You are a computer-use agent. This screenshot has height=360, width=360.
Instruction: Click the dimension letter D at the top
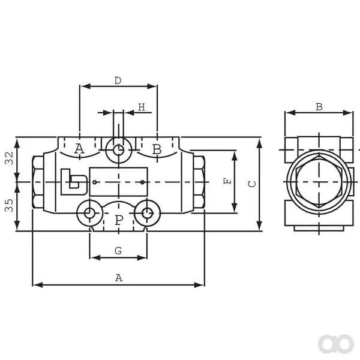coord(118,80)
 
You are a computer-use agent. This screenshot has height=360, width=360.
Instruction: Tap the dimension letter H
coord(142,107)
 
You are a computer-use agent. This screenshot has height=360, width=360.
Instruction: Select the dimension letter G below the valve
coord(118,250)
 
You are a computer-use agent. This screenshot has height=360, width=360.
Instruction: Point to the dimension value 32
coord(9,158)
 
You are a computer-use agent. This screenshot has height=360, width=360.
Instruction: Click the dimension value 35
coord(9,205)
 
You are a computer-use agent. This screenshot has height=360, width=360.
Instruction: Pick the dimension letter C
coord(252,184)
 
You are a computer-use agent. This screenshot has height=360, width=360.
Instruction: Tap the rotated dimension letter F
coord(227,181)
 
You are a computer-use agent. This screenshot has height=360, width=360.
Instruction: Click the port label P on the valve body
coord(119,220)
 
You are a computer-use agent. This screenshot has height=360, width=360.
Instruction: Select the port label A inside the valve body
coord(79,149)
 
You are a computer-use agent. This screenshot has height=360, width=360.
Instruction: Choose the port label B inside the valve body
coord(157,149)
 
